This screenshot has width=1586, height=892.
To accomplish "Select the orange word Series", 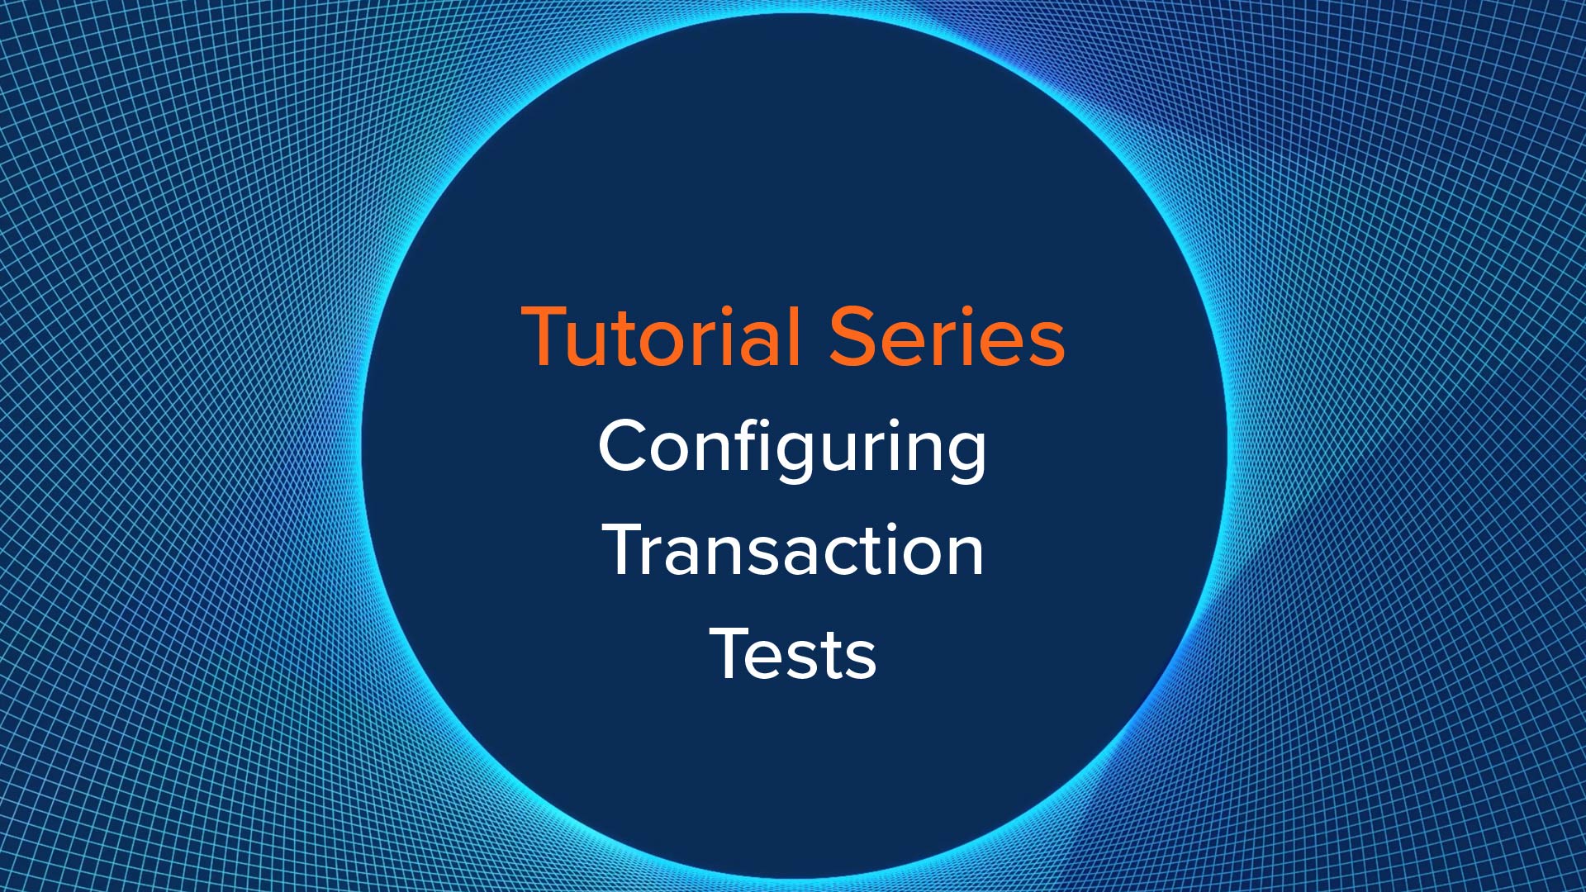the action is pos(947,336).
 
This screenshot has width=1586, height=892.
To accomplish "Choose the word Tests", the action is pos(793,653).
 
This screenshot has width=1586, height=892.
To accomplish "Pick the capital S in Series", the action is pos(851,336).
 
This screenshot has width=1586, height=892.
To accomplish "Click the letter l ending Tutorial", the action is pos(795,335).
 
